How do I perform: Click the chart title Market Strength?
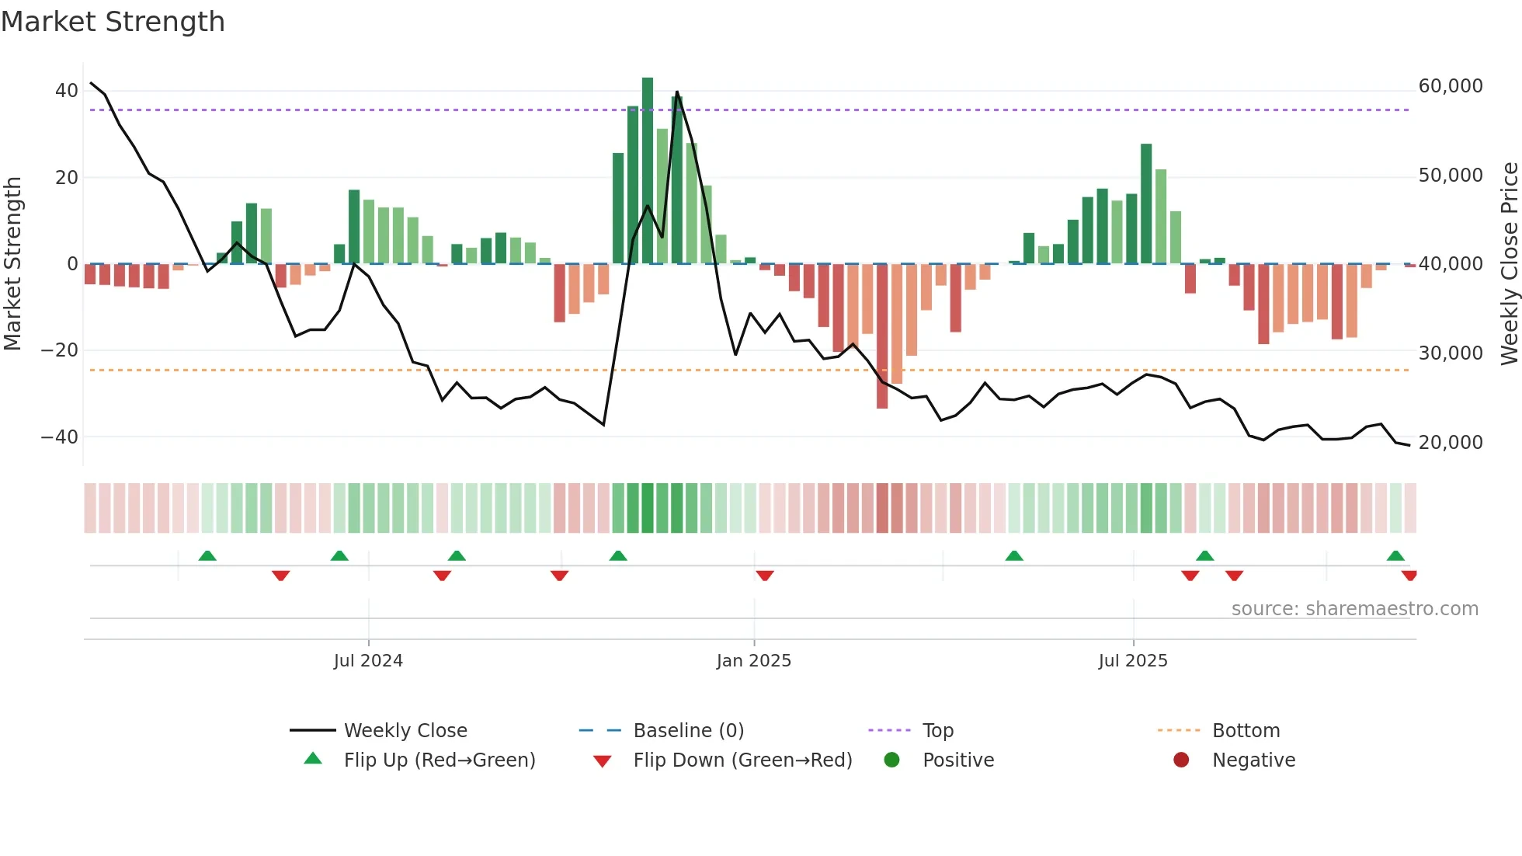113,22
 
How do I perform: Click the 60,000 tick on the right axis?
1450,86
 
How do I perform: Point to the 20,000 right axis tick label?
1450,443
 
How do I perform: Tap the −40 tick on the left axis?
60,437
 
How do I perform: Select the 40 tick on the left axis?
67,91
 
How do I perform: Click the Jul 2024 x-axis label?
368,661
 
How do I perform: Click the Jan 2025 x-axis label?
753,661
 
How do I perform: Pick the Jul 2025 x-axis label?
1132,661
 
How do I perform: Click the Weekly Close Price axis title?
1509,264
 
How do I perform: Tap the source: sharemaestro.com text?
1354,609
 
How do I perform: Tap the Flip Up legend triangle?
313,759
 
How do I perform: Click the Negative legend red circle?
1181,760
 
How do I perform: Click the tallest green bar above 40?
648,171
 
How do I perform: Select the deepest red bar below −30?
882,336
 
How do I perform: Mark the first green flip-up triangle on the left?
207,556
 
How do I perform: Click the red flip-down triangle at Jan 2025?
765,576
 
